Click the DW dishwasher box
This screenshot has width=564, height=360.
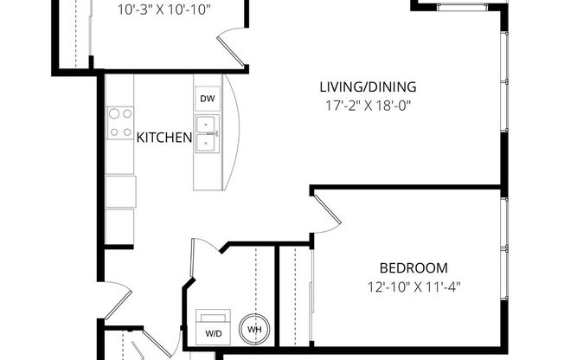click(207, 100)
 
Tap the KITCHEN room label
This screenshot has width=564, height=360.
click(164, 137)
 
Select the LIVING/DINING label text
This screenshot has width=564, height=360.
click(368, 87)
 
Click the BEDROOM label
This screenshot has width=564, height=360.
click(413, 267)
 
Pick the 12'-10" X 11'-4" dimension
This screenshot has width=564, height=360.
click(413, 286)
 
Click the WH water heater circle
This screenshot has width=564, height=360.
click(255, 329)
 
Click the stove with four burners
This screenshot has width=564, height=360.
click(120, 122)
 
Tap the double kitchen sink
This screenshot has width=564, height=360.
click(206, 134)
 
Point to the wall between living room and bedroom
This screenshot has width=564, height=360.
click(407, 186)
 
